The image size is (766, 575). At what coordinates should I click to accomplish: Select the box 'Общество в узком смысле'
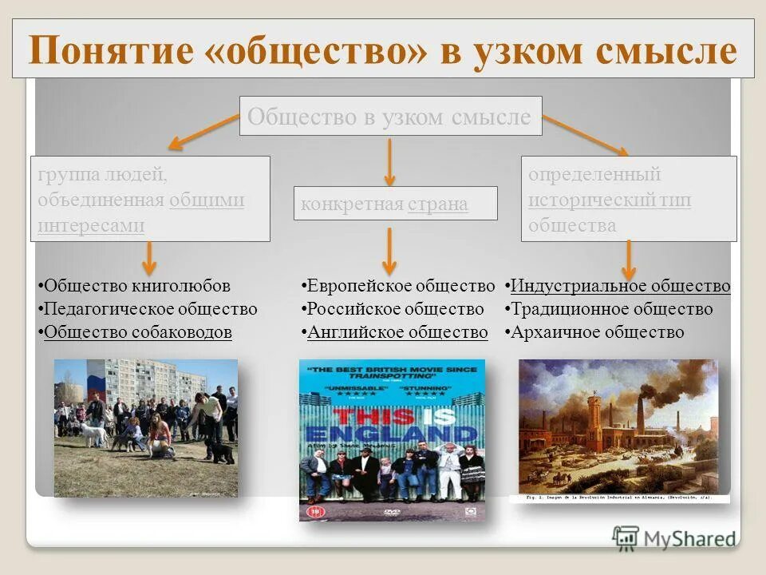pos(389,117)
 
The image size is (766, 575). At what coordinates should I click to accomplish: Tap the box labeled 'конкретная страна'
pos(395,204)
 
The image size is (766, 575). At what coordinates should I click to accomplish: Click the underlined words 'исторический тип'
pos(610,200)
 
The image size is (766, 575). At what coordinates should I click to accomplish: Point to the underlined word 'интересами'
pos(91,225)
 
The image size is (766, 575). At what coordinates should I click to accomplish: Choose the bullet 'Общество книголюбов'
pos(136,286)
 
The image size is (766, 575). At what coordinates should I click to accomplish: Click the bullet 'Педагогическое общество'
pos(150,309)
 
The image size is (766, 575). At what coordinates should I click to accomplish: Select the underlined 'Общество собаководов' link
pos(137,332)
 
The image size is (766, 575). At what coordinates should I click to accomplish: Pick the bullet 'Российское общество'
pos(396,309)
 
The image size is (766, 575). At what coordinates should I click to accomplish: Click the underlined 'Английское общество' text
pos(397,332)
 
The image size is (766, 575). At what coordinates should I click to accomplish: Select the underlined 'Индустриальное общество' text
pos(620,286)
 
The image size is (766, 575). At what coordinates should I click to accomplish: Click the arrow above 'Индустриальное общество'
pos(629,260)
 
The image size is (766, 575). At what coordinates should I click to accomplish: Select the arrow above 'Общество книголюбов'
pos(149,259)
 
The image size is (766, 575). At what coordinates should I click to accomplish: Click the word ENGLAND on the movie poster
pos(391,436)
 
